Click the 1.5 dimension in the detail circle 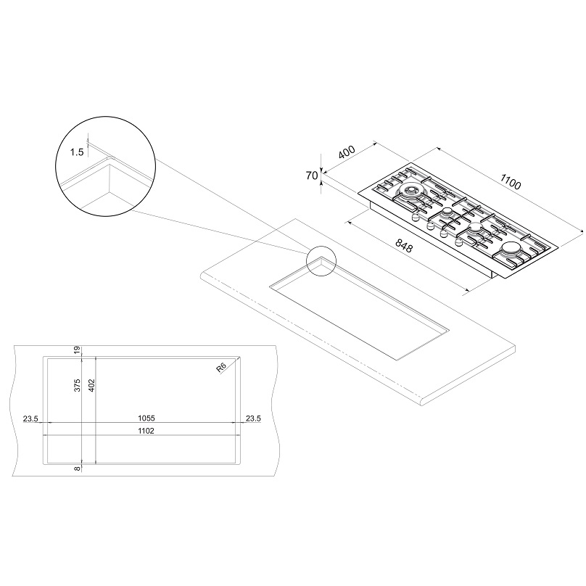coord(77,152)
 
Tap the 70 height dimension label coord(312,176)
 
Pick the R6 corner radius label coord(222,368)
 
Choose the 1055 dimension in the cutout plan coord(146,418)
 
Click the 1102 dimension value coord(146,431)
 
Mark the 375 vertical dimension coord(78,385)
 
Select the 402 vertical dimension coord(91,385)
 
